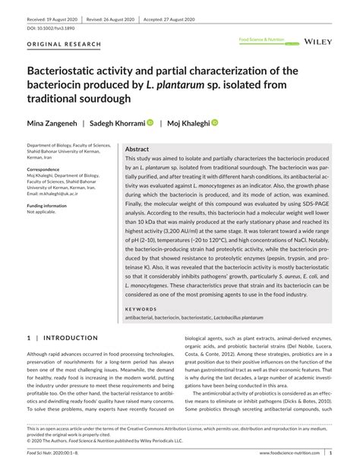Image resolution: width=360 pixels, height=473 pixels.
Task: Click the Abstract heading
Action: click(137, 150)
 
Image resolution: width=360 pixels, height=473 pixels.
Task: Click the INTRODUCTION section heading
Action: click(67, 338)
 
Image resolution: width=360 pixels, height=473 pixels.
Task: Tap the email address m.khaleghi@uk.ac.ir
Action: click(53, 194)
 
